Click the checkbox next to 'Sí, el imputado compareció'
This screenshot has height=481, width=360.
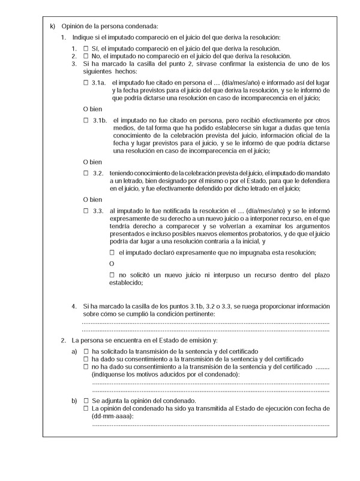click(86, 48)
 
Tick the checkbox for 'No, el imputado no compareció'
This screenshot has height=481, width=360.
click(86, 55)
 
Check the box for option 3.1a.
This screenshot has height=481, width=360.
click(86, 81)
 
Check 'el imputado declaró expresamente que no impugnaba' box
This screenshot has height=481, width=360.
click(112, 252)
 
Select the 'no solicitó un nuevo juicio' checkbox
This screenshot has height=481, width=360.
click(112, 274)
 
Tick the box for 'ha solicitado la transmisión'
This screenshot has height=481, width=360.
click(86, 351)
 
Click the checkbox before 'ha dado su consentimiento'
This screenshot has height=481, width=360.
click(86, 358)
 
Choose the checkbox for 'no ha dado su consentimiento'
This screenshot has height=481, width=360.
click(86, 366)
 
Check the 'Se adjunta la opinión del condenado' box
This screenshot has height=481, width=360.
click(86, 401)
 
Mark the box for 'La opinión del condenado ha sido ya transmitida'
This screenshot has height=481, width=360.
click(86, 408)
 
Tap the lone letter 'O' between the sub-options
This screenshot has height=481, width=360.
click(111, 264)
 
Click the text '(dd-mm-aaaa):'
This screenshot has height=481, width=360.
click(113, 416)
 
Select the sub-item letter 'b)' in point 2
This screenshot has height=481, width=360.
click(74, 401)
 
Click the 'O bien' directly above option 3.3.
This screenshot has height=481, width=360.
click(91, 199)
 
